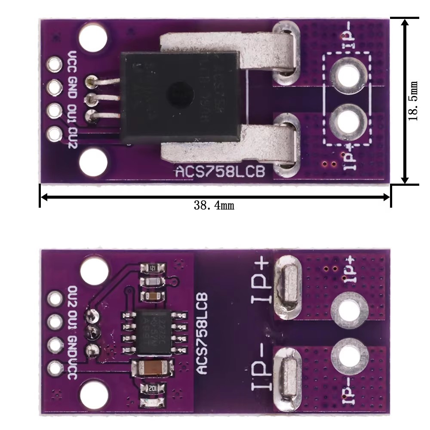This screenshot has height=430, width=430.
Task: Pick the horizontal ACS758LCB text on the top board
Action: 223,172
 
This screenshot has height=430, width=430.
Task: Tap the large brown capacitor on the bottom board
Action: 154,368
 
